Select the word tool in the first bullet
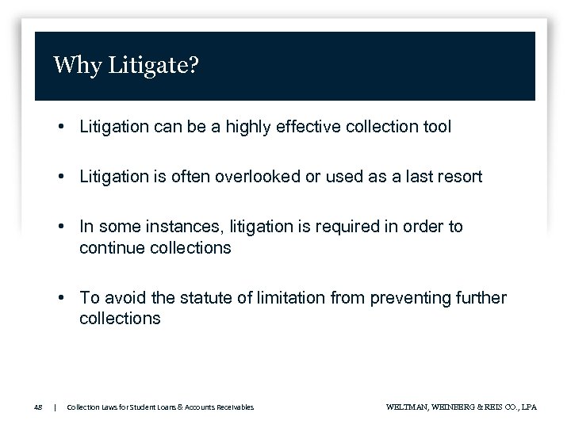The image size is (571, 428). click(x=438, y=127)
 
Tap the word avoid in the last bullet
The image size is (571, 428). click(x=122, y=298)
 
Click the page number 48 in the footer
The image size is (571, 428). click(x=38, y=407)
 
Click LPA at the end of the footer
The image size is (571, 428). click(x=528, y=407)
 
